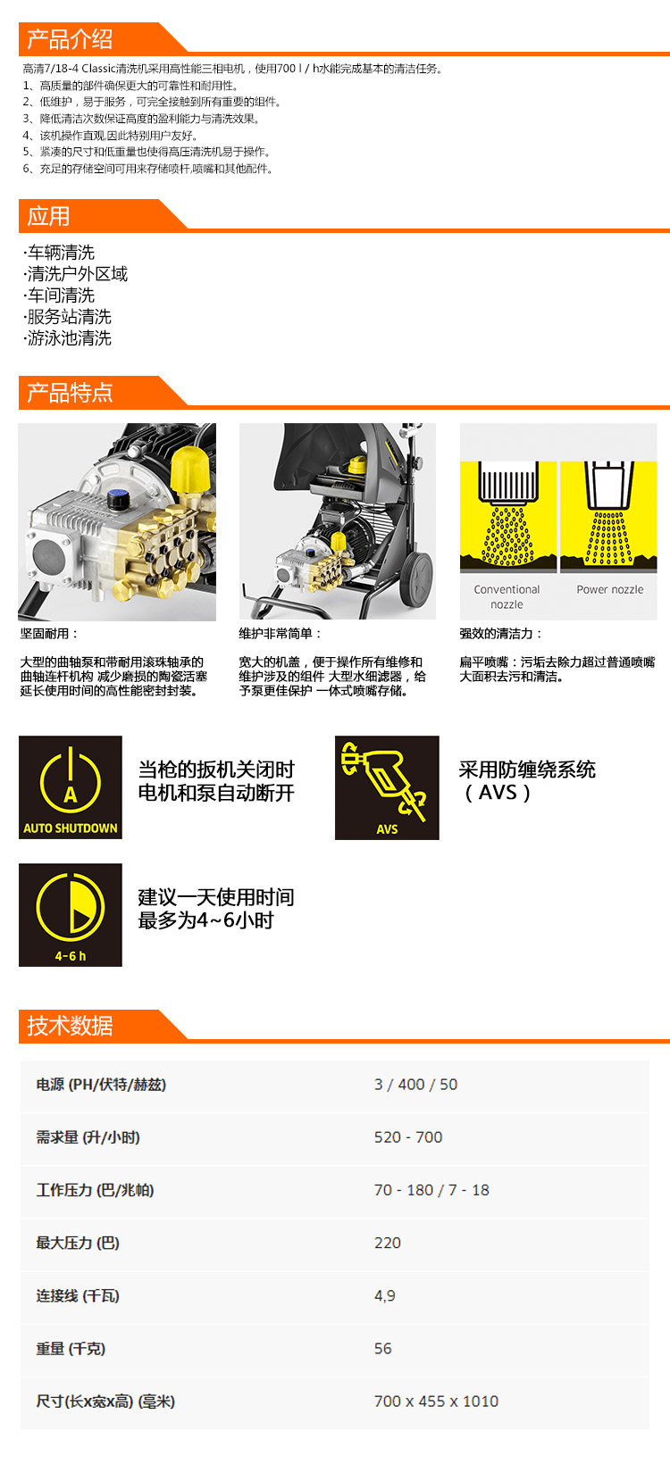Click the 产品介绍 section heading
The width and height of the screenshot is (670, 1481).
(x=70, y=39)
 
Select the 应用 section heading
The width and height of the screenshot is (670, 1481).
(x=48, y=216)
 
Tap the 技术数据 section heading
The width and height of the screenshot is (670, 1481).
(x=70, y=1026)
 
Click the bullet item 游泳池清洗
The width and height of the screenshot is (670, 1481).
(x=68, y=338)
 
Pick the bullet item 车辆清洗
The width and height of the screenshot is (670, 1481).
(x=60, y=253)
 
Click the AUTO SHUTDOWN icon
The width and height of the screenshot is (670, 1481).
(x=71, y=787)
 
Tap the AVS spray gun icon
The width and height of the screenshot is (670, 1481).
(x=387, y=787)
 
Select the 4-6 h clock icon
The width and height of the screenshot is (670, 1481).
(x=71, y=915)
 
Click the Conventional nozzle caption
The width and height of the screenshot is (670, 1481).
(x=507, y=596)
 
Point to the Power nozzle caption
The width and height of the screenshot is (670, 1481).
(x=610, y=589)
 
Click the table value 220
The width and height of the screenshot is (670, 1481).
(x=388, y=1243)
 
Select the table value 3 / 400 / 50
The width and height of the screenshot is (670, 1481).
(x=416, y=1085)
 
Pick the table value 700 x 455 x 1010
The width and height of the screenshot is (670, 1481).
(x=437, y=1401)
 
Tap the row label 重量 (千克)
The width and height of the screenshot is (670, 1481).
(x=71, y=1348)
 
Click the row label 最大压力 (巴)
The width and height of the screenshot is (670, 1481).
(x=78, y=1243)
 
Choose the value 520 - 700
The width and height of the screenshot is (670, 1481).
(x=408, y=1137)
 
